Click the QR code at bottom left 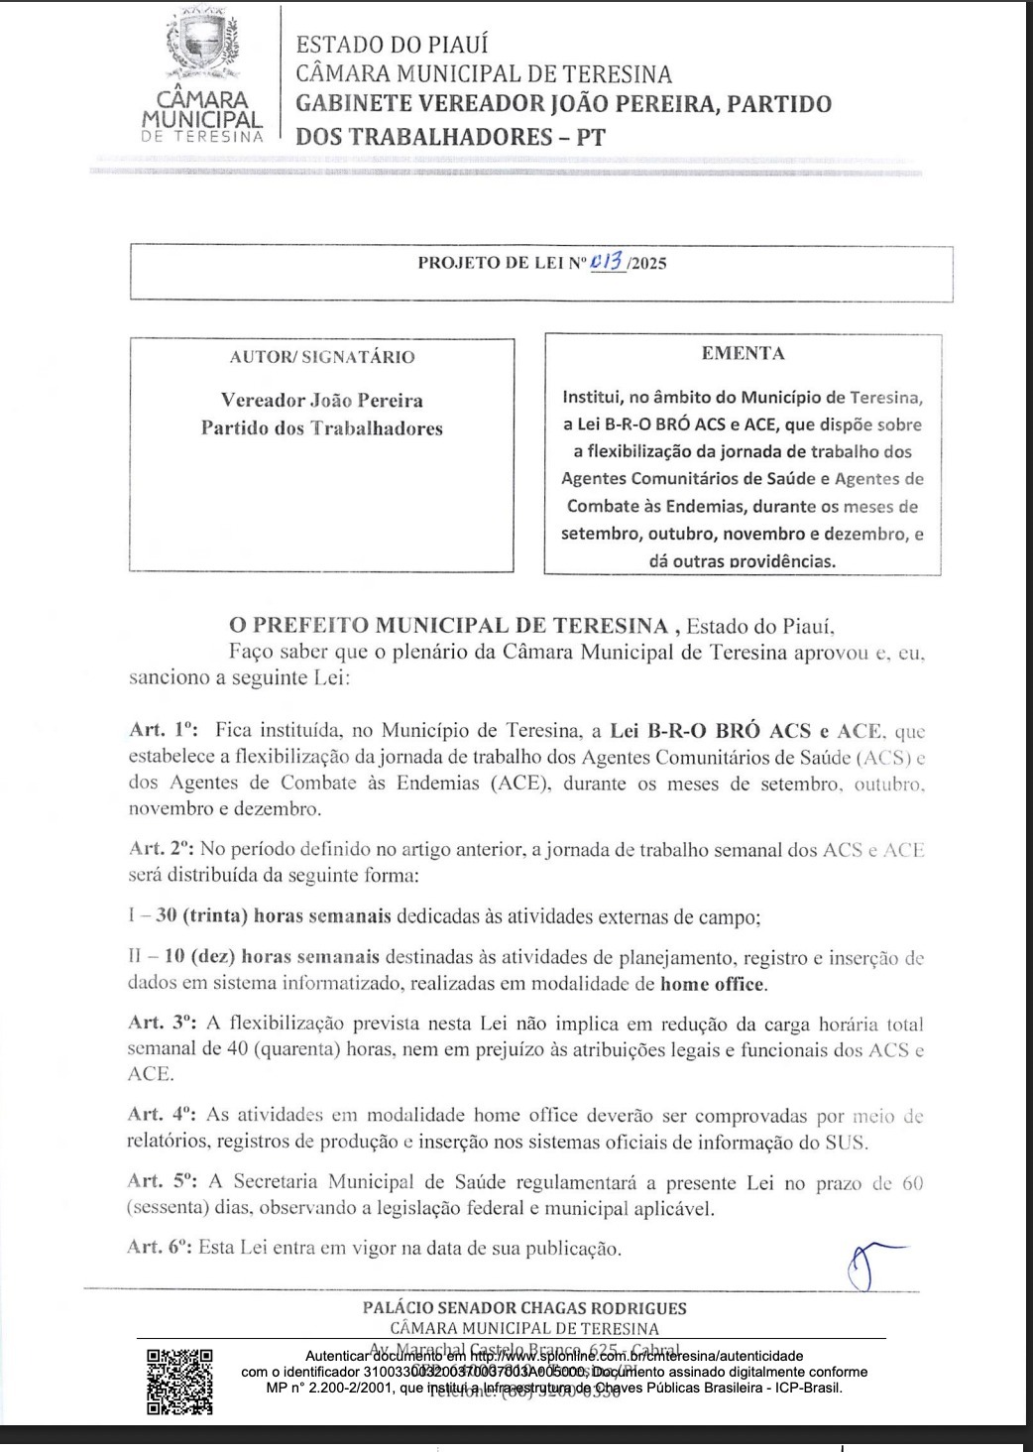click(x=179, y=1381)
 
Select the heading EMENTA click(x=743, y=353)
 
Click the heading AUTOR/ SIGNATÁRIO click(x=322, y=357)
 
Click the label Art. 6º click(x=161, y=1247)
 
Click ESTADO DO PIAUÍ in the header click(x=393, y=45)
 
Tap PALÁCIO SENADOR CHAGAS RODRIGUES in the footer click(x=524, y=1308)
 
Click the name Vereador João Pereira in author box click(x=321, y=401)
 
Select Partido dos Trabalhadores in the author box click(x=321, y=428)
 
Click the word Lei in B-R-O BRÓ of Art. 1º click(x=624, y=731)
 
